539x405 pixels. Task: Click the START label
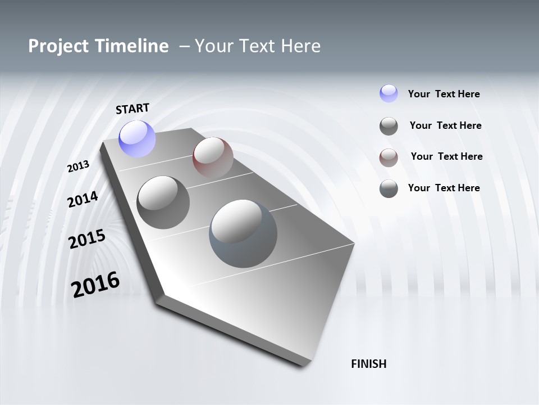(133, 109)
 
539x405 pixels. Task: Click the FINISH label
(369, 364)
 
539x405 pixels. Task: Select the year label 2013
(79, 166)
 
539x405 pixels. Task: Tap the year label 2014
(83, 200)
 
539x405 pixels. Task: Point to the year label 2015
(87, 239)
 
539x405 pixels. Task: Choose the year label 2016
(95, 285)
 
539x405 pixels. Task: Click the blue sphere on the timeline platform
(137, 138)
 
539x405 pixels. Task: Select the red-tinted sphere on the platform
(213, 157)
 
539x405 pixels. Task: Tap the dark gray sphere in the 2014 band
(163, 202)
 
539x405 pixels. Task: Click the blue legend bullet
(389, 93)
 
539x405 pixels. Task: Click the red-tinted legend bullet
(389, 157)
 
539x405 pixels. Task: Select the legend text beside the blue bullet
(444, 94)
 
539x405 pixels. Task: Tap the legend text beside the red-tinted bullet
(446, 156)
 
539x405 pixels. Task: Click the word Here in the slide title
(299, 46)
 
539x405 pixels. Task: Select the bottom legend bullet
(389, 188)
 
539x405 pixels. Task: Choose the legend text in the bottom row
(444, 188)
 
